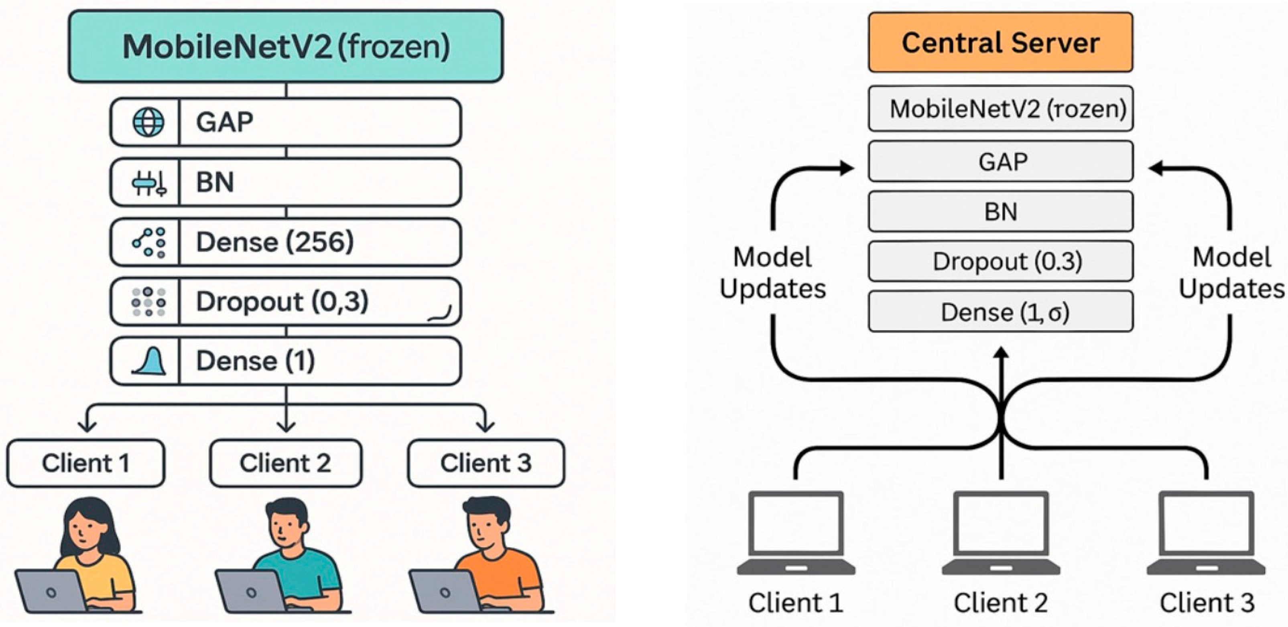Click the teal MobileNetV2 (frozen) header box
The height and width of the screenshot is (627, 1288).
tap(286, 46)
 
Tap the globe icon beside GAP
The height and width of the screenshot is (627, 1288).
tap(148, 122)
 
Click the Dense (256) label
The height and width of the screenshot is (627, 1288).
tap(274, 242)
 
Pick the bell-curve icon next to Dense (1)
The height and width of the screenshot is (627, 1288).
tap(148, 361)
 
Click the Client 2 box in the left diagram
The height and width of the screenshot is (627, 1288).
tap(286, 463)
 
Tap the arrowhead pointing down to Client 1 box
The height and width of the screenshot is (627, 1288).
tap(87, 426)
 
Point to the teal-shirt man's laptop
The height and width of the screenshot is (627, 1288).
tap(250, 593)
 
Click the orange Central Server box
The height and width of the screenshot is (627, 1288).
tap(1000, 43)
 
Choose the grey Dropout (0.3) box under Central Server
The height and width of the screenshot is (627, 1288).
tap(1000, 261)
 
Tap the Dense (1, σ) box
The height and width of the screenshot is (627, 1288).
tap(1000, 312)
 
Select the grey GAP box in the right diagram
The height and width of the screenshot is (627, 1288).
tap(1000, 162)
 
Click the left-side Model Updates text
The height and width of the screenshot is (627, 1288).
tap(772, 273)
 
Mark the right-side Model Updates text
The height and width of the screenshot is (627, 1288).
tap(1231, 273)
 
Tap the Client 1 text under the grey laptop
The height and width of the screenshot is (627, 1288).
tap(795, 603)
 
